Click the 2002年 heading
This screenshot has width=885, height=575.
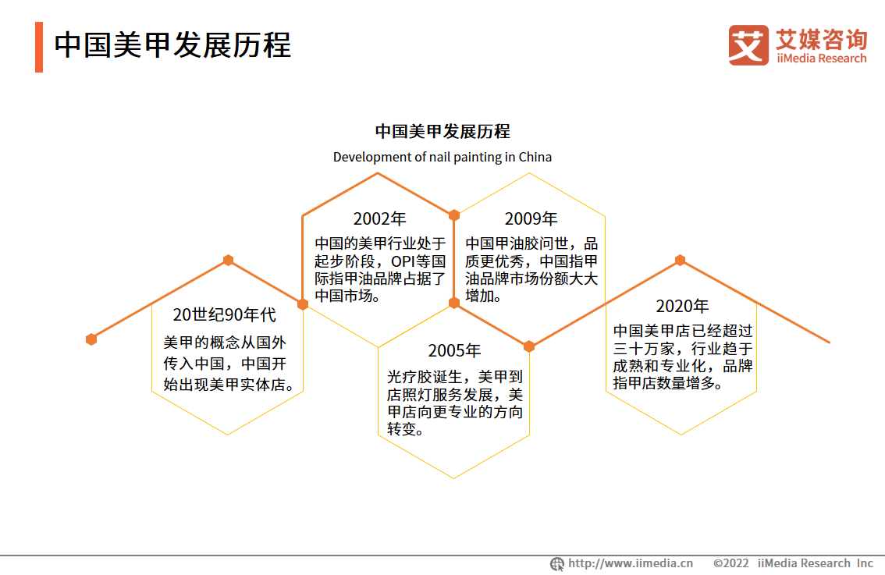pyautogui.click(x=379, y=219)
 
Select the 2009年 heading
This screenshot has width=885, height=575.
pyautogui.click(x=531, y=219)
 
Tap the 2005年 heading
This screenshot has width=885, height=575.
pyautogui.click(x=454, y=351)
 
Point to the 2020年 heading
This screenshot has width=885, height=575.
pyautogui.click(x=682, y=307)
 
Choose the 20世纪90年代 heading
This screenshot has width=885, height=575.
pyautogui.click(x=224, y=315)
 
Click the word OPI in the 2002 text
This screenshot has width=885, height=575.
pyautogui.click(x=403, y=262)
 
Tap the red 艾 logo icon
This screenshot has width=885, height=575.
pyautogui.click(x=748, y=45)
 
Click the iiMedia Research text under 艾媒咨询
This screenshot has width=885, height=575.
pyautogui.click(x=821, y=59)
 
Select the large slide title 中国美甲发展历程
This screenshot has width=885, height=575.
pyautogui.click(x=172, y=45)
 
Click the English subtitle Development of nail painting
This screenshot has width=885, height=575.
pyautogui.click(x=417, y=157)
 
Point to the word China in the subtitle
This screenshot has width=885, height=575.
pyautogui.click(x=535, y=157)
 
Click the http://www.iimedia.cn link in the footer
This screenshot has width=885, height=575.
pyautogui.click(x=631, y=563)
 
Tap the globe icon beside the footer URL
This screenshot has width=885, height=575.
pyautogui.click(x=557, y=564)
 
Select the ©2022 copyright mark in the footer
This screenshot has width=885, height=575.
pyautogui.click(x=731, y=563)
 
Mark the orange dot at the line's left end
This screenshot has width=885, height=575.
pyautogui.click(x=91, y=339)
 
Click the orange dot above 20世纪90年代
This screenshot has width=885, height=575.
pyautogui.click(x=228, y=260)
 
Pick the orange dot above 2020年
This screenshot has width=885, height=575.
pyautogui.click(x=680, y=260)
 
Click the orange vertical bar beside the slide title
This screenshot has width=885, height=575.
pyautogui.click(x=39, y=47)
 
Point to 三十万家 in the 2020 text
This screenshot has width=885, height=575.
pyautogui.click(x=643, y=349)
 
